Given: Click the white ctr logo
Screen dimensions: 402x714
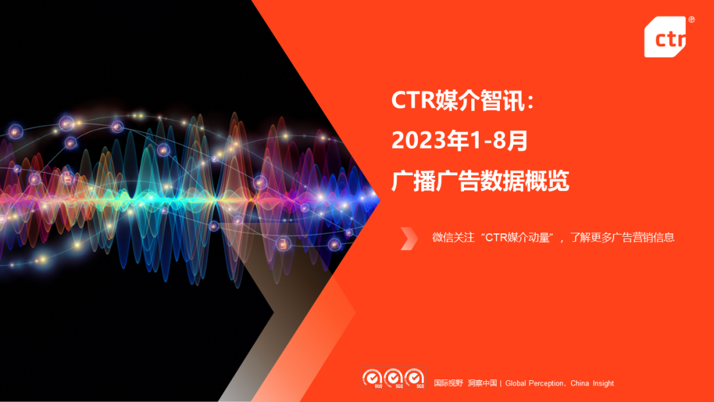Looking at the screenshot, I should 664,38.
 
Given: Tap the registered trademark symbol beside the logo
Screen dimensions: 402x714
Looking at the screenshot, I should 692,20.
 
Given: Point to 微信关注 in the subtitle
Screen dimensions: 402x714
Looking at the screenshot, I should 454,237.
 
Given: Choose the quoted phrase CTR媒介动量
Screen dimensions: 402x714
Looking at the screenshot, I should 518,237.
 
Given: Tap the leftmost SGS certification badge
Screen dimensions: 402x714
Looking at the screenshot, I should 372,379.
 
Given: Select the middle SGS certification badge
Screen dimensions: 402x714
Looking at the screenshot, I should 394,379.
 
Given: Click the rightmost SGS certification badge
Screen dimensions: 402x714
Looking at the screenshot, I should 415,379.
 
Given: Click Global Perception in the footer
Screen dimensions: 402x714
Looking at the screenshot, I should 534,383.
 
